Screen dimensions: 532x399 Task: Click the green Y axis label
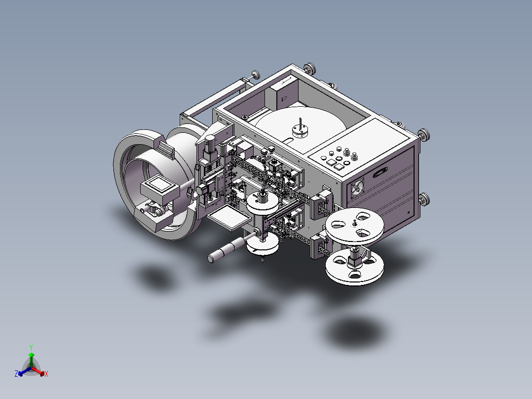31,347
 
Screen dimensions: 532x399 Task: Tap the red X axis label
46,374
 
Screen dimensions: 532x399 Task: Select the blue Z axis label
16,373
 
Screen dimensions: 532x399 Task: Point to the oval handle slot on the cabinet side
380,172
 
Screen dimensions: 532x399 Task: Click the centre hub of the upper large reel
354,223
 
